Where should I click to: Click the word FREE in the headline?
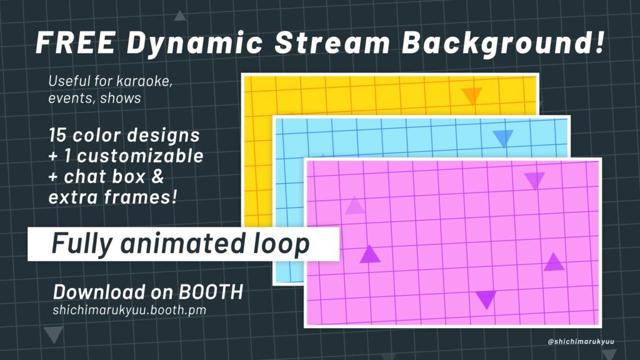coord(75,44)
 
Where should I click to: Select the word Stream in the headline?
coord(331,44)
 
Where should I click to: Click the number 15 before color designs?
coord(58,135)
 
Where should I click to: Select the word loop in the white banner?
coord(283,243)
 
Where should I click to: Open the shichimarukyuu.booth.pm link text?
coord(129,309)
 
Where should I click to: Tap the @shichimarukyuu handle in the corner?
coord(581,341)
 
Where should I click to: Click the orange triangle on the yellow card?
coord(472,96)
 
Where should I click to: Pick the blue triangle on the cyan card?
coord(502,138)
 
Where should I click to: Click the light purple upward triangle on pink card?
coord(354,206)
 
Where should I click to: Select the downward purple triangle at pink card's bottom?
coord(486,299)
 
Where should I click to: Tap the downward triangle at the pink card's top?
coord(534,181)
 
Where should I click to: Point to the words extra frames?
coord(112,197)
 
